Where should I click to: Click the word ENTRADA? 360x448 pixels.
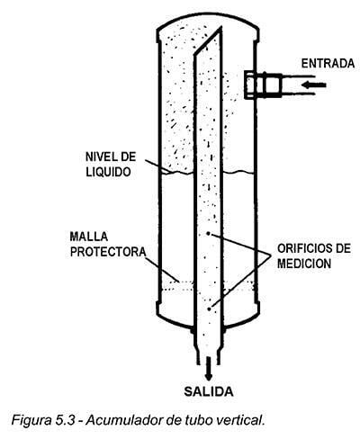click(x=328, y=64)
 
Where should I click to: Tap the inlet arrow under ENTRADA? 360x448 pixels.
click(x=313, y=85)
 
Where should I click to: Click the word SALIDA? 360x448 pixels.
click(x=209, y=391)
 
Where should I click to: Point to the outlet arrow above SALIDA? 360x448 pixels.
click(x=209, y=369)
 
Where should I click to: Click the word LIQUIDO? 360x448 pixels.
click(x=108, y=172)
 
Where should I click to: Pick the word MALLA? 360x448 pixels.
click(x=89, y=237)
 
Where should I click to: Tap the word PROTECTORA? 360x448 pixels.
click(x=108, y=252)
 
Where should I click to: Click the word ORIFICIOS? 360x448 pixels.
click(x=302, y=248)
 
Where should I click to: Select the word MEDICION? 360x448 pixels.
click(x=304, y=264)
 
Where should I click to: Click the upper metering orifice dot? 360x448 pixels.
click(x=209, y=234)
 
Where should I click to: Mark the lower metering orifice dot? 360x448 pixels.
click(x=209, y=309)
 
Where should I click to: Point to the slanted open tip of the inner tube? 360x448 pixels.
click(x=220, y=28)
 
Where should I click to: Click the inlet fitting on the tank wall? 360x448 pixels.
click(x=263, y=85)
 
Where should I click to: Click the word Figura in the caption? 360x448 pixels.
click(x=31, y=421)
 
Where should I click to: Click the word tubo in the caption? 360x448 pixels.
click(x=199, y=420)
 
